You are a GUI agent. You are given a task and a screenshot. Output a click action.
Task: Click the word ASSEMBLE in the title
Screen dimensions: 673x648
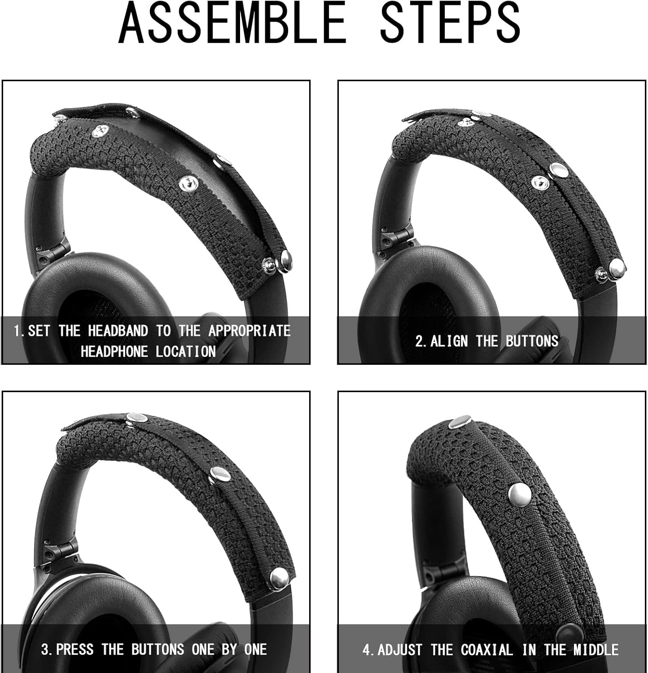click(232, 23)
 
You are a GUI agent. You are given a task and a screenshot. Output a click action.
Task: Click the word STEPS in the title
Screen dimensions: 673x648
click(450, 23)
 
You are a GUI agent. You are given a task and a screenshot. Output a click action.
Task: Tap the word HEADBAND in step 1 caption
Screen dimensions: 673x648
click(118, 331)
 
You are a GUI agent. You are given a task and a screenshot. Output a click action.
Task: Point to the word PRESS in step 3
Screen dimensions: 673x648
click(75, 649)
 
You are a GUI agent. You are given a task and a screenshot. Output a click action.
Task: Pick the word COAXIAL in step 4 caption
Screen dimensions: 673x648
click(486, 650)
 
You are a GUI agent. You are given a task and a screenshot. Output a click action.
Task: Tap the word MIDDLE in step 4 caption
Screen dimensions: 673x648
click(595, 650)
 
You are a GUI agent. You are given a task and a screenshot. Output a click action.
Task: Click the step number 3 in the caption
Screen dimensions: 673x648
click(45, 649)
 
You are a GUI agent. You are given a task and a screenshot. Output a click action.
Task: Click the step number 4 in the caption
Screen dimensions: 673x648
click(366, 650)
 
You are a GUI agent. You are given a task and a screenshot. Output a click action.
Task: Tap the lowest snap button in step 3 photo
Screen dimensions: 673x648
click(279, 578)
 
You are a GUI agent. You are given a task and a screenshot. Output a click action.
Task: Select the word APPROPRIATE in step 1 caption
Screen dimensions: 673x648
click(249, 331)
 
